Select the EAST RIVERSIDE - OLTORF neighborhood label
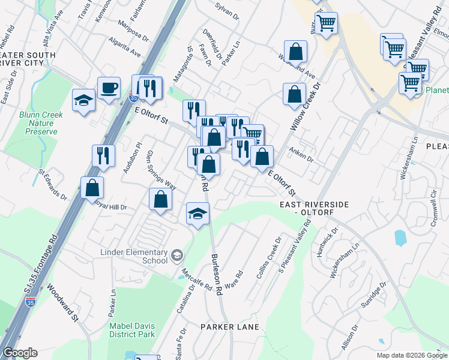point(314,209)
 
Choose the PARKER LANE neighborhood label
point(230,327)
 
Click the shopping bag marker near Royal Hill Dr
point(92,188)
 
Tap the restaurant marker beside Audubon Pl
point(103,156)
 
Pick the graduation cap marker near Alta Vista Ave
point(83,100)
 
